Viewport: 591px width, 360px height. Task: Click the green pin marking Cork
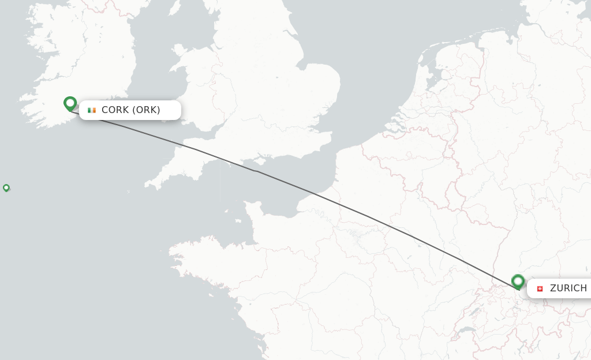(70, 103)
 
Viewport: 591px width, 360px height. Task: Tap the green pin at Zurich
(518, 282)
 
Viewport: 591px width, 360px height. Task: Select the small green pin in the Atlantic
(6, 187)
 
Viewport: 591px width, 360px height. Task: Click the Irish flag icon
(92, 110)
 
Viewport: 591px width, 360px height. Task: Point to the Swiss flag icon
(540, 288)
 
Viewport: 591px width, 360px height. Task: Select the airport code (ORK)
(147, 110)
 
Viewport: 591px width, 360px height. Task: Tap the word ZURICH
(568, 288)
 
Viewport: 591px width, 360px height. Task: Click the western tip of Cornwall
(147, 186)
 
